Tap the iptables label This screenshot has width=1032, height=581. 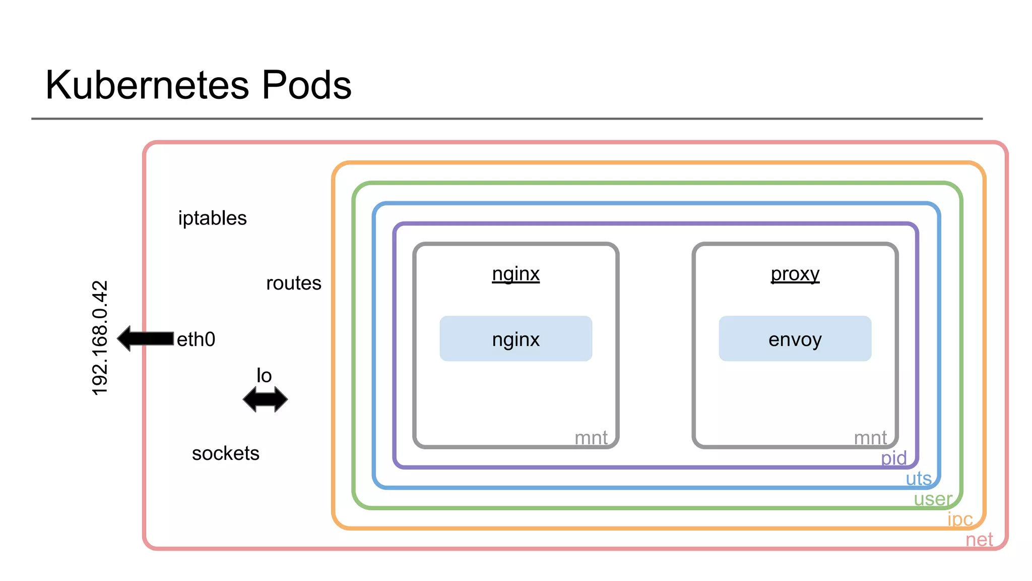[212, 218]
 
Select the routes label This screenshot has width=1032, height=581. [293, 283]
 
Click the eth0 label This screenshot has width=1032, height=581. [196, 339]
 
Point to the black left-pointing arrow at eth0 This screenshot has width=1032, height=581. [146, 338]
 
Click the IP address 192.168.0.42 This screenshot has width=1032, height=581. [100, 337]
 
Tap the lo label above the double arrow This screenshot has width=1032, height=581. [264, 376]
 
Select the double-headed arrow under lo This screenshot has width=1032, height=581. [265, 400]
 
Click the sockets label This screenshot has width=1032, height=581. [225, 453]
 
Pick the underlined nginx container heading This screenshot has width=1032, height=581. [515, 274]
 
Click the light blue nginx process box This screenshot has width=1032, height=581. [515, 339]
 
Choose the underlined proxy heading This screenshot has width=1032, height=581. [795, 274]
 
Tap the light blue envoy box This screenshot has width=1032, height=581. [795, 339]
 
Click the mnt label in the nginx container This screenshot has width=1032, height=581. [591, 438]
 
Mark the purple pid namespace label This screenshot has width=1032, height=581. [893, 458]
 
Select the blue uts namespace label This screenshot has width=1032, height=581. [918, 478]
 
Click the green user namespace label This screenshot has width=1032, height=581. [933, 499]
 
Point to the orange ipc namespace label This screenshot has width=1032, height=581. [960, 519]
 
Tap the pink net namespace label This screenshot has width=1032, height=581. [979, 540]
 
